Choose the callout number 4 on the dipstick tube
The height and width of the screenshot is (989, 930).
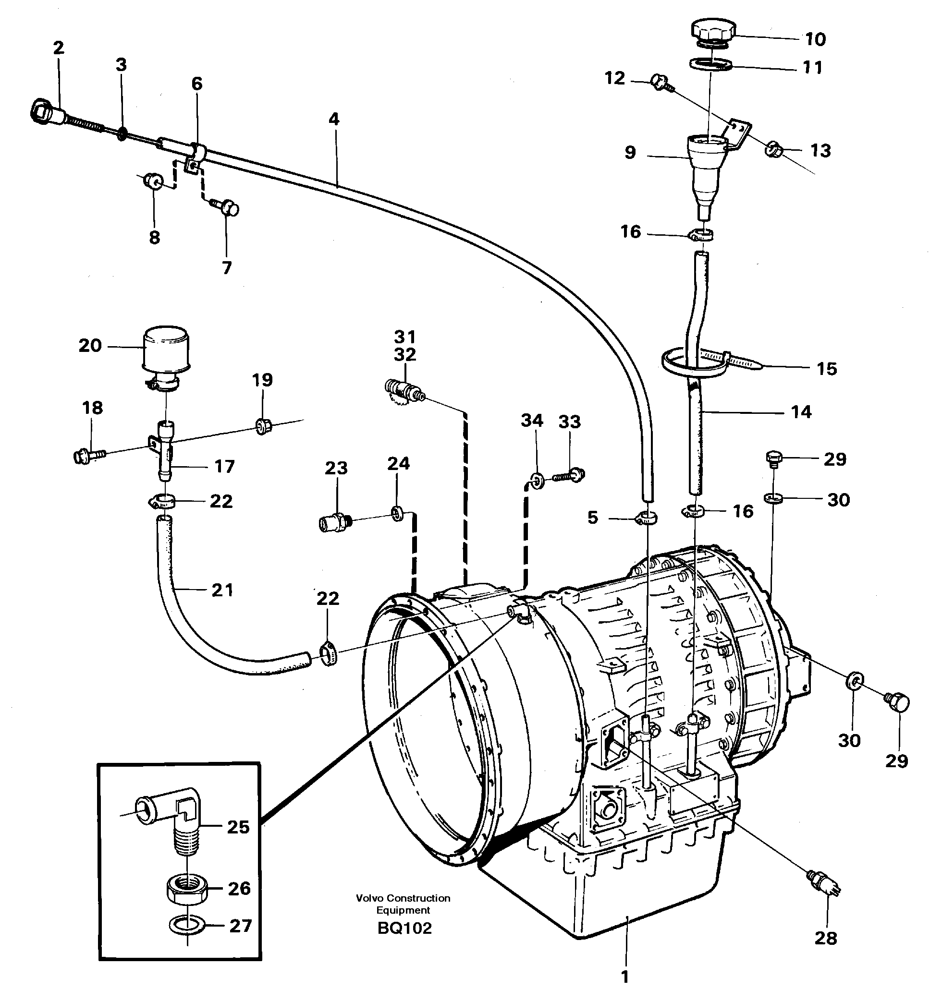[x=333, y=120]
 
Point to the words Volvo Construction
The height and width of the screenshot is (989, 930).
[x=403, y=898]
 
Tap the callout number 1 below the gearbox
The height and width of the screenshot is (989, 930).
[x=625, y=976]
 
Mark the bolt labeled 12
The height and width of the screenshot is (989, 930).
[x=660, y=83]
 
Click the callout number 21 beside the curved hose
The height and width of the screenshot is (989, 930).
[x=222, y=591]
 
